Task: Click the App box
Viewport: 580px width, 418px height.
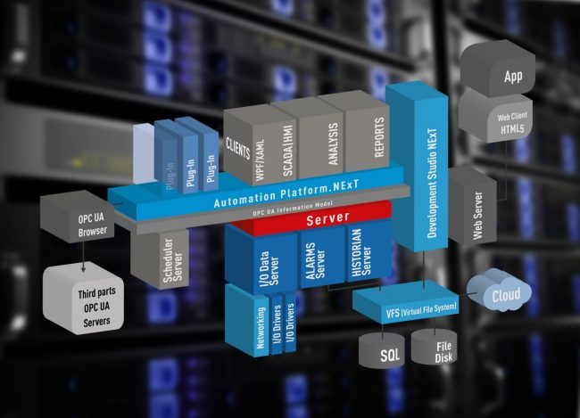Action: point(512,76)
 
